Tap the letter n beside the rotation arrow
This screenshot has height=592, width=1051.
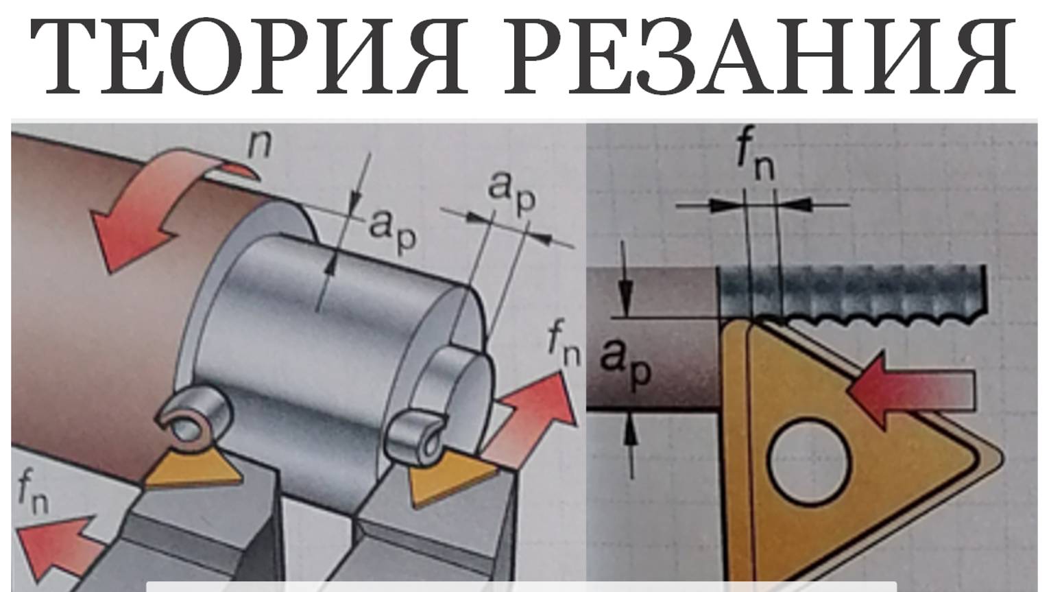click(259, 145)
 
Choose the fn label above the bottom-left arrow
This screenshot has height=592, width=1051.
click(33, 493)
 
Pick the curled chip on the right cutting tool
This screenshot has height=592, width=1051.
click(415, 434)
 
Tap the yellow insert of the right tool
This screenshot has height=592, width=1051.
click(450, 479)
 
